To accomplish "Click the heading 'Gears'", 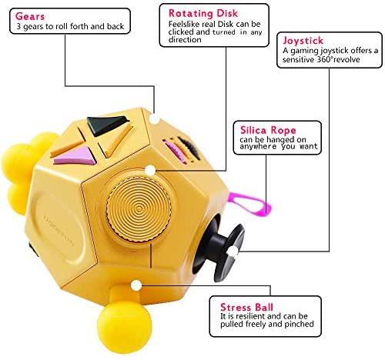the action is pos(30,16).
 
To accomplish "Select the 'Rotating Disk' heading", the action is pos(203,13).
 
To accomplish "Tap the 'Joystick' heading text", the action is pos(303,41).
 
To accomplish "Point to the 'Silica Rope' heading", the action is pos(268,130).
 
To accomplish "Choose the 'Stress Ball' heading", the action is pos(246,307).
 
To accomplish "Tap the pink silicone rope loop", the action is pos(249,205).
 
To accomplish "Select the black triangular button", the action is pos(105,125).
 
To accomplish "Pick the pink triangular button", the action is pos(76,156).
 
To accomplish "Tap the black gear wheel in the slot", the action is pos(189,148).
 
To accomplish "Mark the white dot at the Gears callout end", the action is pos(154,118).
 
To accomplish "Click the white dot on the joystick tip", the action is pos(233,252).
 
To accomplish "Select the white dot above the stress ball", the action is pos(136,285).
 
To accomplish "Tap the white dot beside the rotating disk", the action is pos(150,170).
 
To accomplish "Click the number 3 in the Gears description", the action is pos(18,26).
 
